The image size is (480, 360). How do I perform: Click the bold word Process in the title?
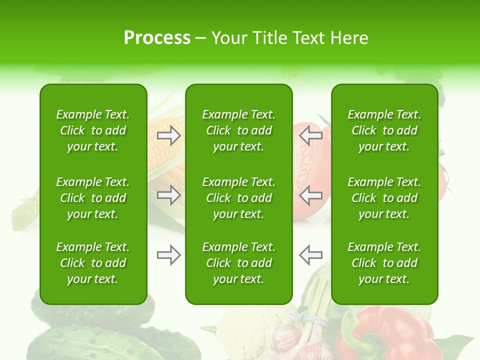click(x=157, y=38)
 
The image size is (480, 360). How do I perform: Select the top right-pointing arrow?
click(x=169, y=135)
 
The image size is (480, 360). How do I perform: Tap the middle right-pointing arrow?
click(x=169, y=195)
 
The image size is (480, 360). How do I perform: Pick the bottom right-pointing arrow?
click(x=169, y=255)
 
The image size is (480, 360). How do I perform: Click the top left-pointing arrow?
click(x=310, y=135)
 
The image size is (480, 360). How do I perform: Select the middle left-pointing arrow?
click(x=310, y=195)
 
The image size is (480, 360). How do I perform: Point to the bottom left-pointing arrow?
click(x=310, y=255)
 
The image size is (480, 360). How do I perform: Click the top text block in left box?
click(x=93, y=130)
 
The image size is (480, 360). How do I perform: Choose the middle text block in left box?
click(x=93, y=198)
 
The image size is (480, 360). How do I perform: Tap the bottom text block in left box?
click(x=93, y=263)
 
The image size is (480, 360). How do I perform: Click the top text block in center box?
click(x=239, y=130)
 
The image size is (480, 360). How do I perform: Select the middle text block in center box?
click(x=239, y=198)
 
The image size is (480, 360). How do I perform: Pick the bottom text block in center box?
click(x=239, y=263)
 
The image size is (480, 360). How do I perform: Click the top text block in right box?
click(x=384, y=130)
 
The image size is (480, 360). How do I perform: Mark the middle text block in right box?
click(x=384, y=198)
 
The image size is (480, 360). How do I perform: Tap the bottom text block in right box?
click(x=384, y=263)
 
